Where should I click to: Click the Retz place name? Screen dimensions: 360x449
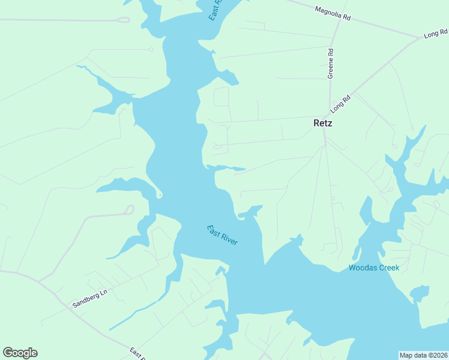point(322,123)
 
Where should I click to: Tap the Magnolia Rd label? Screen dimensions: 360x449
point(333,13)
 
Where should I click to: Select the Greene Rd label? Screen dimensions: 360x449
point(331,62)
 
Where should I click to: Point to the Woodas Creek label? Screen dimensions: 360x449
point(374,268)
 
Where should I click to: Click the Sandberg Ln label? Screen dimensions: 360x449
point(89,297)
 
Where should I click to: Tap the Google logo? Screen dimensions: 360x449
point(20,353)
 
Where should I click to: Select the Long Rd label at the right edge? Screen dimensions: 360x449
point(436,34)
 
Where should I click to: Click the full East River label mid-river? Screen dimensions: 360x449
point(223,235)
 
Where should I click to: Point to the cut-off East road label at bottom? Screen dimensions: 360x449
point(137,353)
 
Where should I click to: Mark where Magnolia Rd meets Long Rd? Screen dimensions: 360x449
point(421,38)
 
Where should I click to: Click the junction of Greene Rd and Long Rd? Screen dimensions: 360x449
point(330,112)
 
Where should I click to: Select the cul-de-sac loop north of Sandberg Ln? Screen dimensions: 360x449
point(128,209)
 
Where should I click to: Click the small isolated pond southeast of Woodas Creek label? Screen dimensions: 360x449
point(420,293)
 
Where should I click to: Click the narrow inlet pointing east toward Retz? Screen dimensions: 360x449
point(227,168)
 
